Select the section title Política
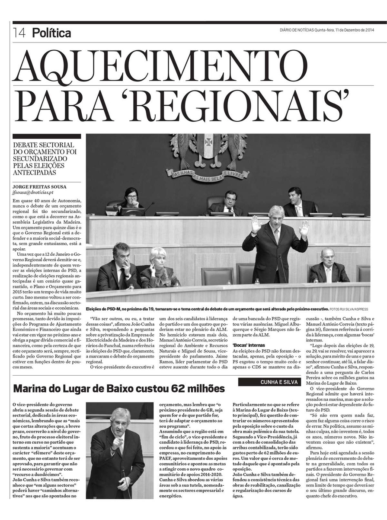tap(51, 32)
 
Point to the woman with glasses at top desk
tap(131, 199)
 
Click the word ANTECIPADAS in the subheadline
tap(35, 172)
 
